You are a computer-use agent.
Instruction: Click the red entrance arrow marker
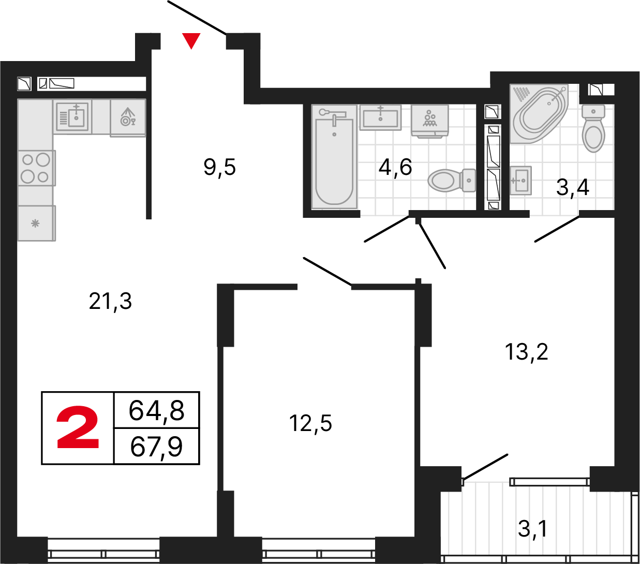click(x=191, y=40)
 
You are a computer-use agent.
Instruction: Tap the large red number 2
click(x=78, y=427)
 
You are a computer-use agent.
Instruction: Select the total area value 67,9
click(x=156, y=447)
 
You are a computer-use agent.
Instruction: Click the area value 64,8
click(x=156, y=410)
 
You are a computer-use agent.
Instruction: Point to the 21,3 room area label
click(x=110, y=301)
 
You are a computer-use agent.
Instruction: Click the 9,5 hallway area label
click(x=220, y=167)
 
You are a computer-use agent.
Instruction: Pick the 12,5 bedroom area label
click(x=310, y=423)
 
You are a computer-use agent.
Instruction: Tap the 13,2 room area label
click(x=526, y=352)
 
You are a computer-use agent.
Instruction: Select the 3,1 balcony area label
click(x=532, y=529)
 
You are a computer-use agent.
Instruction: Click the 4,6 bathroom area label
click(x=395, y=167)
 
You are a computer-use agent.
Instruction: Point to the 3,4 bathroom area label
click(x=573, y=187)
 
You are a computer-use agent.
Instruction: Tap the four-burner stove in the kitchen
click(x=36, y=168)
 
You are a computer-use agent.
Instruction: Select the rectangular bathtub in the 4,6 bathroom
click(x=334, y=158)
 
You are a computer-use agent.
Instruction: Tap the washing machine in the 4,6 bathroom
click(x=429, y=121)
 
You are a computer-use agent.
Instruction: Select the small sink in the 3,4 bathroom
click(x=520, y=180)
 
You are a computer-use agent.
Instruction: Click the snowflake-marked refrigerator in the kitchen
click(x=36, y=223)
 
